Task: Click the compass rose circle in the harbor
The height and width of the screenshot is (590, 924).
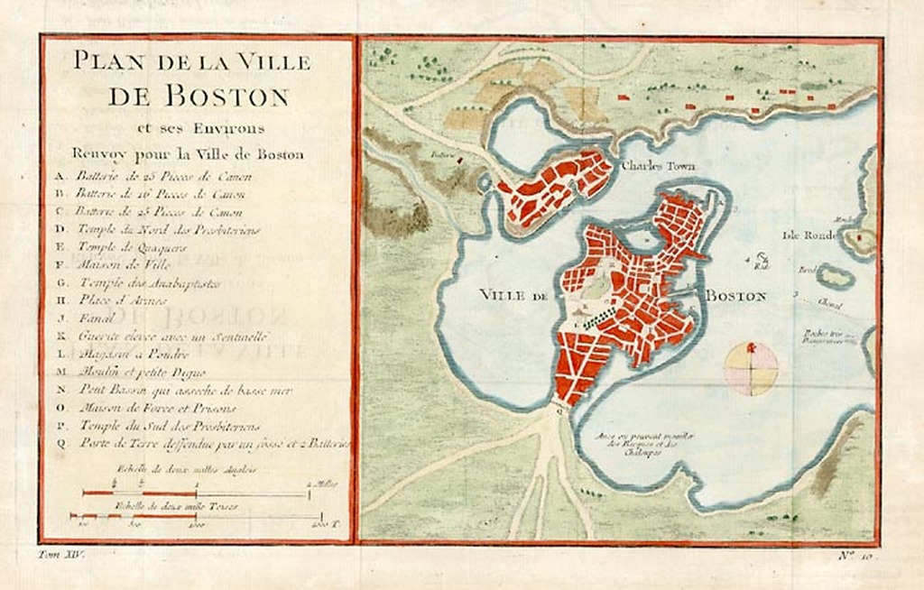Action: [751, 368]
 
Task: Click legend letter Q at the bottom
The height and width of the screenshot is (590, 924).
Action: [60, 443]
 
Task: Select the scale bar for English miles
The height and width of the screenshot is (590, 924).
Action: [196, 493]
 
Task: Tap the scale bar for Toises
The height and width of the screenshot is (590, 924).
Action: [196, 517]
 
